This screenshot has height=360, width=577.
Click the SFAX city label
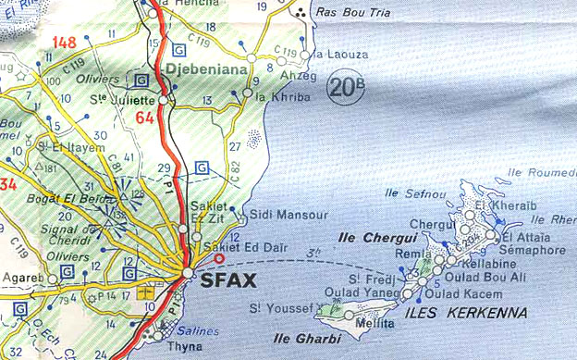coord(225,275)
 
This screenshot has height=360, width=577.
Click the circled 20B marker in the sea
coord(344,89)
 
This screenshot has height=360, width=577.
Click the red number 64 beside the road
coord(143,118)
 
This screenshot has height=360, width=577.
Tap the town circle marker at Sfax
coord(188,273)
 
